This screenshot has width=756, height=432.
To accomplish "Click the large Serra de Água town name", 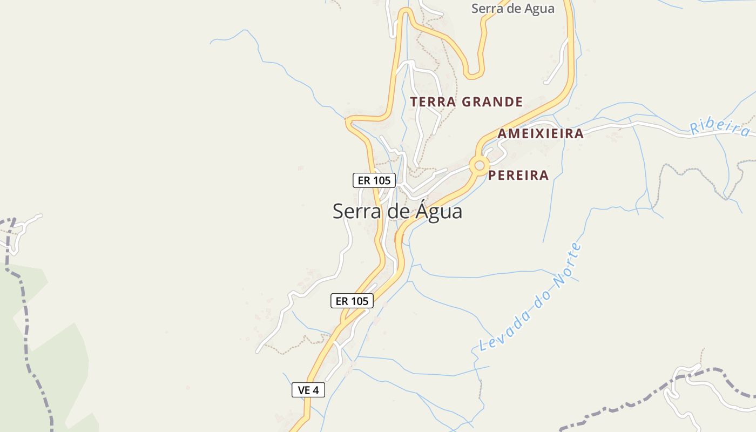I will (x=397, y=211).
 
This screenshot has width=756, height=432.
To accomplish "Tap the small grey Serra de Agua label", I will (x=512, y=9).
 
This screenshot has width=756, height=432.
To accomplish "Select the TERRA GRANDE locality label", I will (x=467, y=102).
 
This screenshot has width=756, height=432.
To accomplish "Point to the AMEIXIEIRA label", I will (x=541, y=134).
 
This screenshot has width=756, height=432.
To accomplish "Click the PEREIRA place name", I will (x=518, y=175).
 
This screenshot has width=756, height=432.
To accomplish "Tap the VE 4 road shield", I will (x=308, y=390).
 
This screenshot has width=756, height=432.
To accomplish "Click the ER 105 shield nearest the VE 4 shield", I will (x=352, y=301).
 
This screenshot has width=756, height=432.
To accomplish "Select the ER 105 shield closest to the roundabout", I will (x=374, y=180).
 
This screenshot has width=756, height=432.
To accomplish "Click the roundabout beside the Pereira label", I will (x=479, y=165).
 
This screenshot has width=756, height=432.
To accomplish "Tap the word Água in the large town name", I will (x=439, y=211).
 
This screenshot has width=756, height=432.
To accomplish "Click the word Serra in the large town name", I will (x=353, y=211).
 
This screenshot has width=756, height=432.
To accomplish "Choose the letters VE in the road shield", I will (x=304, y=390).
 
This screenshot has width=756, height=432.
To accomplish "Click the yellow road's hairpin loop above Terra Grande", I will (x=475, y=75).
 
